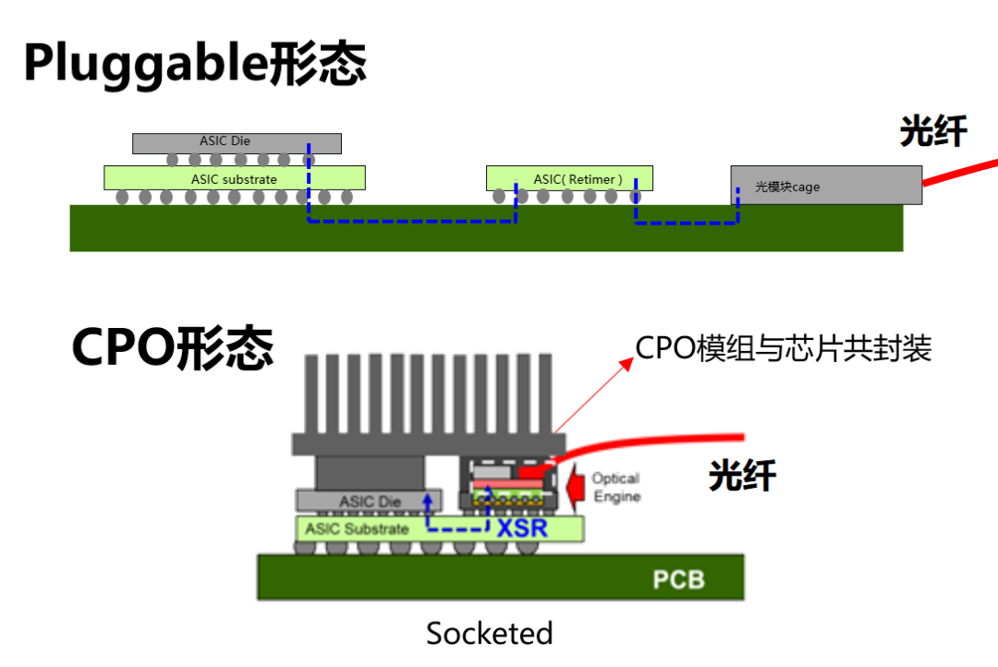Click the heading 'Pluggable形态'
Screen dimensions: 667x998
coord(195,64)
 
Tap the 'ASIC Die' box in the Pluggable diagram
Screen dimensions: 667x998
coord(237,142)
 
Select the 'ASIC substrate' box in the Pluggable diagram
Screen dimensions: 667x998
coord(234,177)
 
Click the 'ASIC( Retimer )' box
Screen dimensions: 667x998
coord(569,177)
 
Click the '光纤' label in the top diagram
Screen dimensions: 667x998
coord(933,132)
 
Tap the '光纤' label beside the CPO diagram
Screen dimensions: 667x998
coord(742,476)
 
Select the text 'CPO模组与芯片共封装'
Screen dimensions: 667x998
coord(784,348)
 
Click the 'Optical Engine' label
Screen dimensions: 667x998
coord(615,487)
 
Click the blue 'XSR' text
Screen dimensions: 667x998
coord(522,529)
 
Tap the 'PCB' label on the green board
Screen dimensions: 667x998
coord(678,579)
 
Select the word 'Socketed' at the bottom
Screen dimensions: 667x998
coord(489,634)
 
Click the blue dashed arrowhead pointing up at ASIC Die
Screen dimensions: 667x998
coord(428,499)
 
